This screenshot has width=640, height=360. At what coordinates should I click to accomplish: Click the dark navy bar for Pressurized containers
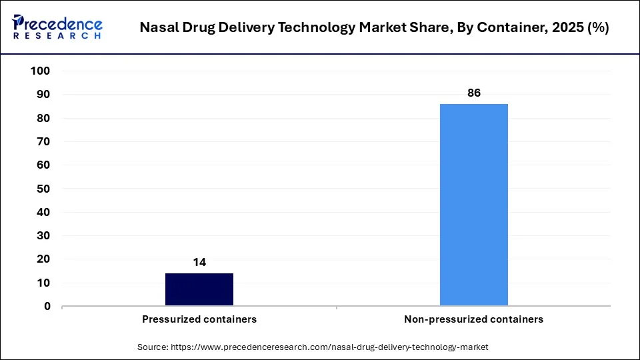click(199, 289)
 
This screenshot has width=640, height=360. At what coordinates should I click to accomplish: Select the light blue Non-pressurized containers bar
click(474, 205)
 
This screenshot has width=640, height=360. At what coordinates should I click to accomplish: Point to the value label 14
click(199, 263)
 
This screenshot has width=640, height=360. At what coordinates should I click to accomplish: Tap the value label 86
click(474, 93)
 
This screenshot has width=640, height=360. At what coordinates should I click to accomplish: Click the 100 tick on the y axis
click(41, 71)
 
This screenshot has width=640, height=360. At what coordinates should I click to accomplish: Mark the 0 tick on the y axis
click(47, 307)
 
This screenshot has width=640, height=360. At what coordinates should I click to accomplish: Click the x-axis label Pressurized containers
click(199, 319)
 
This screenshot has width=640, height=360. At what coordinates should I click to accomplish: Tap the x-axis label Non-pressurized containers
click(474, 319)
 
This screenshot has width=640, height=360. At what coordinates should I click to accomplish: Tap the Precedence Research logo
click(57, 27)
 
